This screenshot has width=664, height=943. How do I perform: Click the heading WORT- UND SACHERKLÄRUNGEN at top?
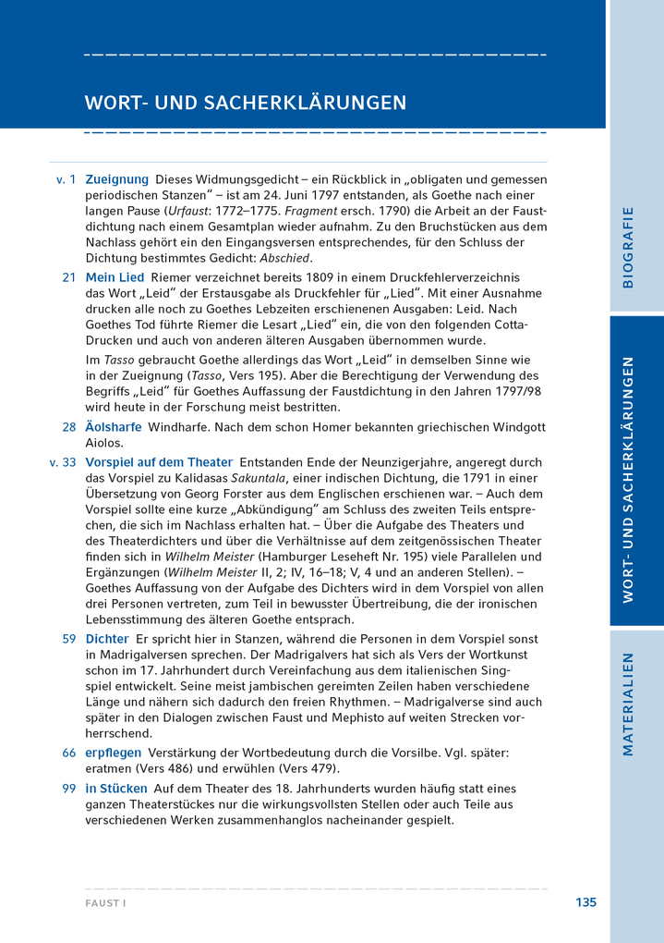(x=245, y=102)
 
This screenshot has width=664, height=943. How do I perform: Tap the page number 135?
(x=586, y=902)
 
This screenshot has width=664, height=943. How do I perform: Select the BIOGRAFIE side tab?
(x=628, y=247)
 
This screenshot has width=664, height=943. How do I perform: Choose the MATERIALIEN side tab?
(x=628, y=704)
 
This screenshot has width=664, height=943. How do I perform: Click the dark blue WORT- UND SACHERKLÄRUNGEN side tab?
(x=628, y=479)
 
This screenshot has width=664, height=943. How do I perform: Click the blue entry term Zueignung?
(x=116, y=178)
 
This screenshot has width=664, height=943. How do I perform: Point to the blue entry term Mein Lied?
(x=115, y=277)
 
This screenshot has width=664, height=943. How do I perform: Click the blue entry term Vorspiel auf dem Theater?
(x=159, y=461)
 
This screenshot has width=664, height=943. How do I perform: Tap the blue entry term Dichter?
(x=106, y=639)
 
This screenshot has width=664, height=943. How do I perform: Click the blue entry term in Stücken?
(x=116, y=789)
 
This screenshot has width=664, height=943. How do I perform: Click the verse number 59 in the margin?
(x=69, y=639)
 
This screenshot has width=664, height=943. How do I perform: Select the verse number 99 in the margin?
(x=69, y=789)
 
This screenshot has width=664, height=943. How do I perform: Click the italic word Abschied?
(x=285, y=258)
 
